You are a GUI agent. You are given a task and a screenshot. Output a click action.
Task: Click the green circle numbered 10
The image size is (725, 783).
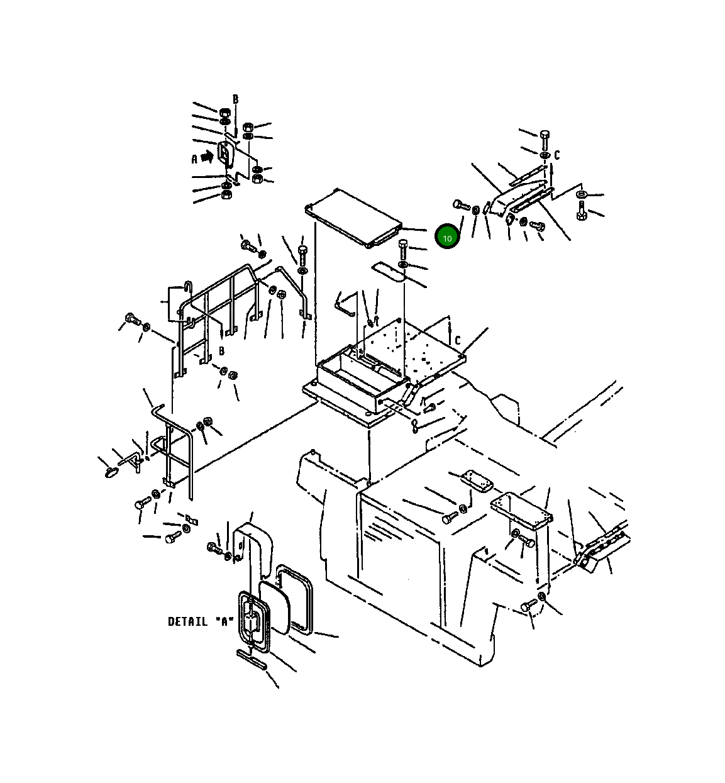(x=447, y=236)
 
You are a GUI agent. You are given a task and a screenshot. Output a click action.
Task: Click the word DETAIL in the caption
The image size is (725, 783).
(x=187, y=622)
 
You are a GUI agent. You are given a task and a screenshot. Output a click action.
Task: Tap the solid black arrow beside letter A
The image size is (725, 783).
(x=207, y=157)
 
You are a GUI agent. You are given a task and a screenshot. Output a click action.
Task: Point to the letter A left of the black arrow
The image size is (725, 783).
(x=194, y=159)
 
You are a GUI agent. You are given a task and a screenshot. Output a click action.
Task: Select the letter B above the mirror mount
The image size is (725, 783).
(x=235, y=99)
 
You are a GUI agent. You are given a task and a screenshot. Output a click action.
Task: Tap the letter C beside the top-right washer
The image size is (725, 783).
(x=556, y=155)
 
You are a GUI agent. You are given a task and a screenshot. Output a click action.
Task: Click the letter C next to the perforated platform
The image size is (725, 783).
(x=457, y=340)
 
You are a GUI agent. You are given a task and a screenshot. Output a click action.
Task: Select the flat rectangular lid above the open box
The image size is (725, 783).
(x=353, y=218)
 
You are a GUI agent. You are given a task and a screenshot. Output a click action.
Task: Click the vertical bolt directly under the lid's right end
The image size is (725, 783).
(x=403, y=250)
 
